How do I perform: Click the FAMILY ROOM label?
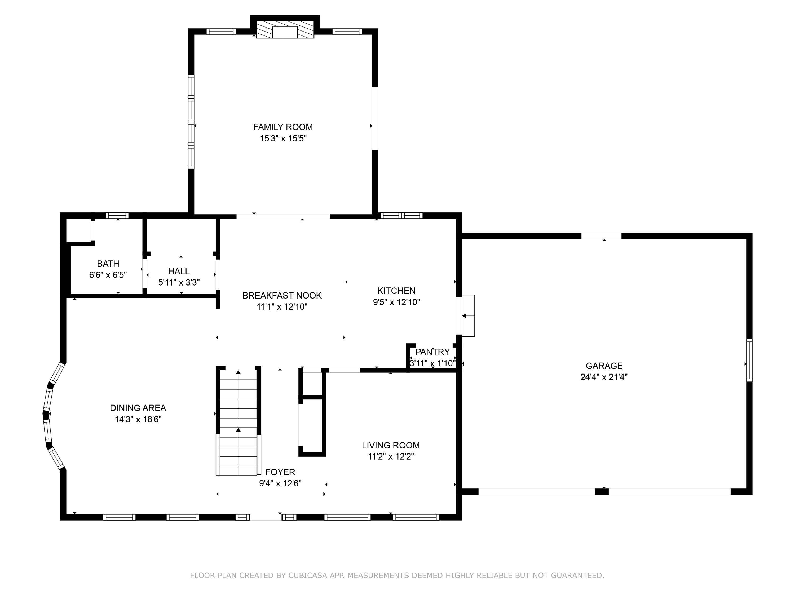[283, 127]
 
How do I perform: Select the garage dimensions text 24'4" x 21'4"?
[604, 377]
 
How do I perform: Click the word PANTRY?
[432, 352]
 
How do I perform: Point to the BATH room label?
[108, 264]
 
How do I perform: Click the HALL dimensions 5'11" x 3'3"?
[179, 282]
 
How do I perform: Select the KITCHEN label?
[396, 291]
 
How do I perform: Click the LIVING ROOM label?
[391, 445]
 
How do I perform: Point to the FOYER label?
[280, 472]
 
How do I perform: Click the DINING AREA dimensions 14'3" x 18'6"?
[138, 419]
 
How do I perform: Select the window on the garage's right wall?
[749, 360]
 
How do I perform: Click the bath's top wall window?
[117, 216]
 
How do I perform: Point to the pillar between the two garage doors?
[602, 491]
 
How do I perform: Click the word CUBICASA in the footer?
[307, 576]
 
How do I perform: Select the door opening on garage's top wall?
[601, 236]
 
